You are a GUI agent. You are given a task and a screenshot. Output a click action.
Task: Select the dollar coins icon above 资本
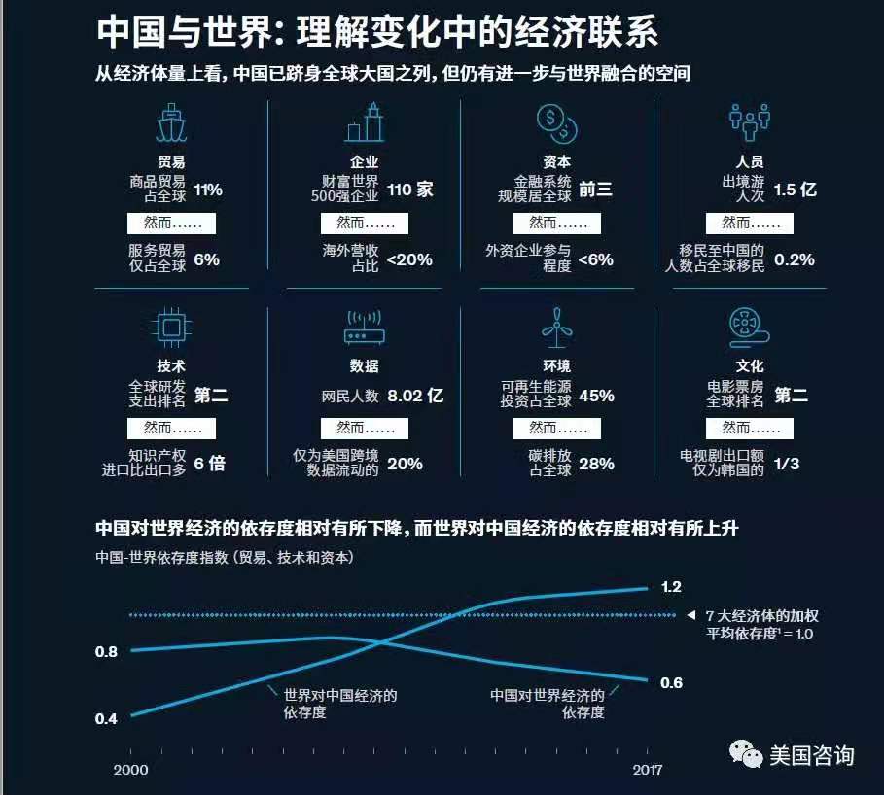(557, 124)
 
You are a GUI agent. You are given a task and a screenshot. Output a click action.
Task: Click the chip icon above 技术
(171, 328)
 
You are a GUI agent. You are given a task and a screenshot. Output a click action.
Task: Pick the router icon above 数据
(364, 328)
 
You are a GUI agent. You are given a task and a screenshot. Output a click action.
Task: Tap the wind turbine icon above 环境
(556, 328)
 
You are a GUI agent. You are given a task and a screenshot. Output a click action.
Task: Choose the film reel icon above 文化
(749, 328)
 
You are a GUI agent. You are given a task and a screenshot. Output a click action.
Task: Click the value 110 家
(409, 190)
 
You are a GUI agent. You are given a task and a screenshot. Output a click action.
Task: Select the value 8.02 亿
(415, 396)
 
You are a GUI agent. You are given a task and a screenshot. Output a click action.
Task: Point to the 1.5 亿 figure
(795, 190)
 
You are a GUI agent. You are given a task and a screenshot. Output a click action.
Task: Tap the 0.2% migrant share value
(795, 259)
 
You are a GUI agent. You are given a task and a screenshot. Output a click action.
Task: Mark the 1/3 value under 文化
(787, 464)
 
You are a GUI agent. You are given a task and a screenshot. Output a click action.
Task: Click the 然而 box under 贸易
(171, 224)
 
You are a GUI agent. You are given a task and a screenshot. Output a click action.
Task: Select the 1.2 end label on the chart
(671, 587)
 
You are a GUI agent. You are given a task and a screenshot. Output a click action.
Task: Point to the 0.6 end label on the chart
(671, 682)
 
